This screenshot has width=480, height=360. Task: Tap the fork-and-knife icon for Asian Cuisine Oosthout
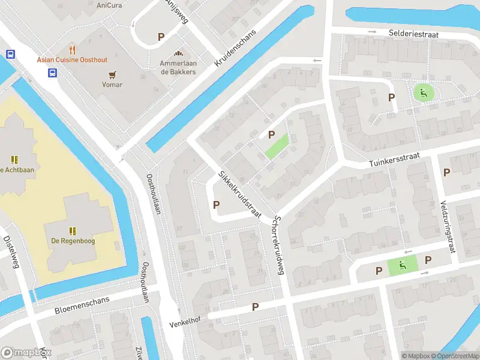73,49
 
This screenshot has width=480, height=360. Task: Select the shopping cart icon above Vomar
112,74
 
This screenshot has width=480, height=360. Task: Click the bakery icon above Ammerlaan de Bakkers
178,53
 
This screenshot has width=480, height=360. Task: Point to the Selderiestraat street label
413,35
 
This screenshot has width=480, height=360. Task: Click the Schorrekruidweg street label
278,245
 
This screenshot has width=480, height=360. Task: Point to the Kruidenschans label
236,48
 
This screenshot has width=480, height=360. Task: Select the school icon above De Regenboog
73,230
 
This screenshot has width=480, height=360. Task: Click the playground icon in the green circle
424,92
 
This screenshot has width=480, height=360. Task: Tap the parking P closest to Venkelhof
255,307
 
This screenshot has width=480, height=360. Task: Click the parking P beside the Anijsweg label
161,37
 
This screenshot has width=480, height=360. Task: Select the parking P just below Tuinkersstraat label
446,172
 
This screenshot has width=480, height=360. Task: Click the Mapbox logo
25,353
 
